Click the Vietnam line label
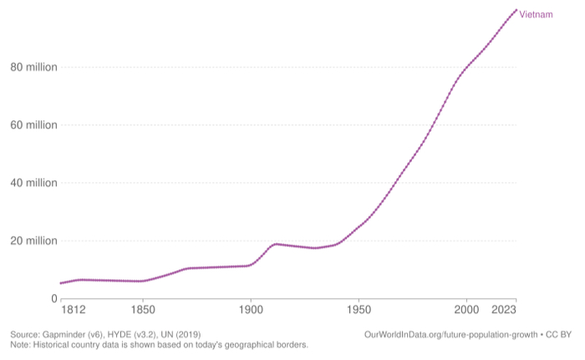536,15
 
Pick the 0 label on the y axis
53,298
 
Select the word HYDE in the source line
135,334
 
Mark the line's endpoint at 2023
516,10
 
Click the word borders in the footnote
289,344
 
